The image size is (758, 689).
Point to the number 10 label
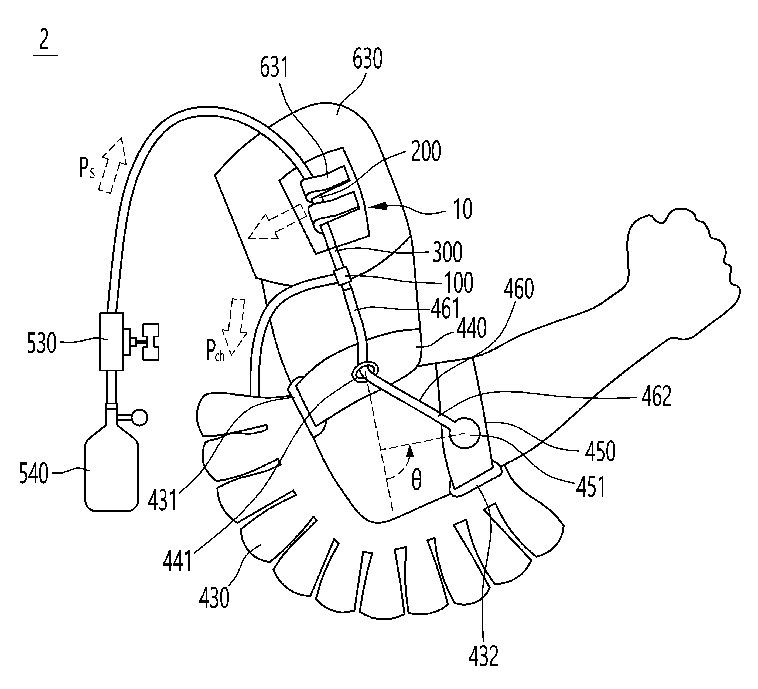463,209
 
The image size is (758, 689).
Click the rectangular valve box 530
112,341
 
